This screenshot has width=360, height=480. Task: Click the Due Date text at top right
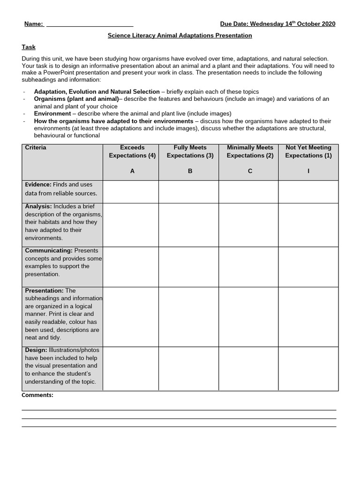pyautogui.click(x=277, y=24)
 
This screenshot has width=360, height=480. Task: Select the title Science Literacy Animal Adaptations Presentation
pyautogui.click(x=180, y=36)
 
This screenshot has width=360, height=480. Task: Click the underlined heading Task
pyautogui.click(x=29, y=47)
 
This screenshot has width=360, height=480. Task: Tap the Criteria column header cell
pyautogui.click(x=36, y=148)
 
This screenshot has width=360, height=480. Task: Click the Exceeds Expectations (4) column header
pyautogui.click(x=132, y=151)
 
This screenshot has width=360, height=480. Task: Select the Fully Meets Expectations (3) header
pyautogui.click(x=190, y=151)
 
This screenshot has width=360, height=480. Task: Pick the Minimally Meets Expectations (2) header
pyautogui.click(x=250, y=151)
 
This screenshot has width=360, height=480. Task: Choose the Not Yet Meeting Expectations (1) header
pyautogui.click(x=308, y=151)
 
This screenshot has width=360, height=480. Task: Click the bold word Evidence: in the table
pyautogui.click(x=38, y=185)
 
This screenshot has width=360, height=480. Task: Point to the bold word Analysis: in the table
pyautogui.click(x=38, y=206)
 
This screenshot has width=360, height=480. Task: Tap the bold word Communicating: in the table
pyautogui.click(x=49, y=250)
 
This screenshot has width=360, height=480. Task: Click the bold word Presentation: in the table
pyautogui.click(x=44, y=291)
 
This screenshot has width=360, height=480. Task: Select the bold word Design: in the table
pyautogui.click(x=36, y=350)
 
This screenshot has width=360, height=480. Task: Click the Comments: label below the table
pyautogui.click(x=37, y=395)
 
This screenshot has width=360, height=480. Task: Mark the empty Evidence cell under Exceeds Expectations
pyautogui.click(x=131, y=192)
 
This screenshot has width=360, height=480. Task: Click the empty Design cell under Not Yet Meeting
pyautogui.click(x=308, y=368)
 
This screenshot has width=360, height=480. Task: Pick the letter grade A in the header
pyautogui.click(x=132, y=171)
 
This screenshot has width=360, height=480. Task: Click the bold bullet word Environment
pyautogui.click(x=52, y=113)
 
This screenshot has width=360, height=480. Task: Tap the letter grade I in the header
pyautogui.click(x=308, y=171)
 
